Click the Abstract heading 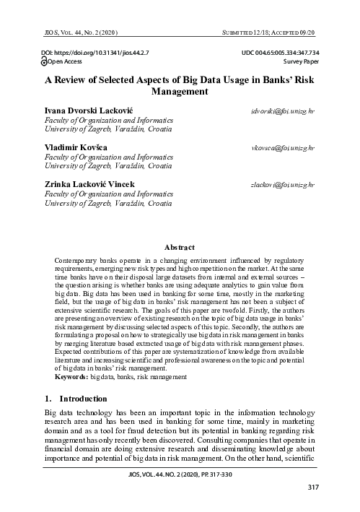180,247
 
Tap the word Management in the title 180,92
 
